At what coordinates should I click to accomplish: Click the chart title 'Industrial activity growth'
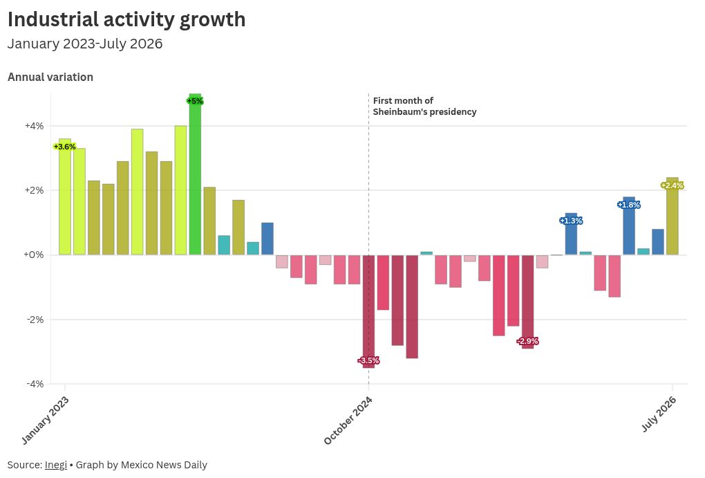126,20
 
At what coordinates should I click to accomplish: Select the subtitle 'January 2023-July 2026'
85,44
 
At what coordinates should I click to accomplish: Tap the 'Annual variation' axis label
50,77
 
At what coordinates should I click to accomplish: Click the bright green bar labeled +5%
195,174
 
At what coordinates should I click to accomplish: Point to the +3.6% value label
65,147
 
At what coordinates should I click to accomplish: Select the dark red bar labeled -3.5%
368,311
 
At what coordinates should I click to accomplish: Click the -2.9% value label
527,341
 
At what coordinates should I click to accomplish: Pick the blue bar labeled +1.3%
571,234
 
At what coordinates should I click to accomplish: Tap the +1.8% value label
628,205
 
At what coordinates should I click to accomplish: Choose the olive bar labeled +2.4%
673,216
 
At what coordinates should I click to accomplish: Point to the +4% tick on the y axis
34,126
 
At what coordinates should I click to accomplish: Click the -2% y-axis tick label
35,320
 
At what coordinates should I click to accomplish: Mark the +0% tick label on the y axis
34,255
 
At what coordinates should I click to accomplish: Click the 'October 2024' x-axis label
348,421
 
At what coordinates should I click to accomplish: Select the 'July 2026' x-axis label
659,414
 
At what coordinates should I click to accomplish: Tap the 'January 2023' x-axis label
45,421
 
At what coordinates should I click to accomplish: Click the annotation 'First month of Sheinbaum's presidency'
424,107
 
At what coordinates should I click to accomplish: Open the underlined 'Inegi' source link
56,465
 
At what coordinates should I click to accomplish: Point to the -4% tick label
35,384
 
